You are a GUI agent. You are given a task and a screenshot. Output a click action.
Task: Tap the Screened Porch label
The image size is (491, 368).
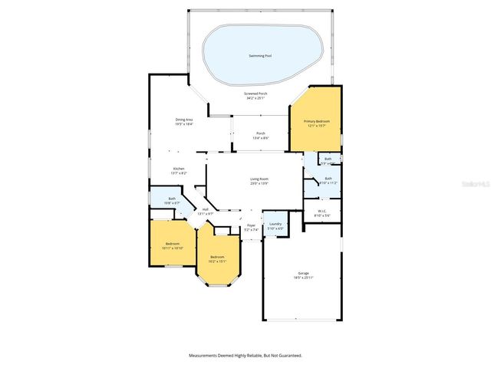(255, 94)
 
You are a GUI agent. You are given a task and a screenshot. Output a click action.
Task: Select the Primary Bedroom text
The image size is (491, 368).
(315, 121)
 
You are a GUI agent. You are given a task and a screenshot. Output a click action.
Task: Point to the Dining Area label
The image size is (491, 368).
(183, 120)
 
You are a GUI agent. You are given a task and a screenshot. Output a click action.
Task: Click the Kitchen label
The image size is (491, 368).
(178, 169)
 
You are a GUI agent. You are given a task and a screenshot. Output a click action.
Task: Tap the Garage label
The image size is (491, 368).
(304, 273)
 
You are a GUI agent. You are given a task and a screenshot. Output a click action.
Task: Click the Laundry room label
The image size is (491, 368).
(274, 224)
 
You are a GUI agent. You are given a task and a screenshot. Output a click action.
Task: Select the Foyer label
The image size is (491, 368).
(251, 225)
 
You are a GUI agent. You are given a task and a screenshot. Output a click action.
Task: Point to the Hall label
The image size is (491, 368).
(205, 209)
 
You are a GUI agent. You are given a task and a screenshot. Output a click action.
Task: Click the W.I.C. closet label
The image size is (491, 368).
(323, 211)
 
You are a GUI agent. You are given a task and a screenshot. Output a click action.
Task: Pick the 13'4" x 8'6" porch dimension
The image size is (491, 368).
(261, 138)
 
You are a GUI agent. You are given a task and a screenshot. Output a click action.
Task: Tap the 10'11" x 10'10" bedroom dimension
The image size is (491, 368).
(172, 248)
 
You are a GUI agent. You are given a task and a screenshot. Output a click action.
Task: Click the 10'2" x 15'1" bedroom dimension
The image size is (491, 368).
(218, 261)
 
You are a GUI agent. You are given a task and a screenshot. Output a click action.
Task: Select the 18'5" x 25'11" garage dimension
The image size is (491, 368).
(304, 278)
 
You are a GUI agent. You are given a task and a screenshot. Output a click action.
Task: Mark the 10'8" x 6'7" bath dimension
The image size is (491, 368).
(172, 203)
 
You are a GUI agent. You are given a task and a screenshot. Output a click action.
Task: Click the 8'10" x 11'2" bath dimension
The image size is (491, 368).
(328, 183)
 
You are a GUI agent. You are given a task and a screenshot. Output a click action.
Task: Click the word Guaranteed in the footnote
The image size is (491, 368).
(288, 356)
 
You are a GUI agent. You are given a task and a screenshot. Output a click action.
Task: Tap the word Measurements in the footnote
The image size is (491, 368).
(206, 356)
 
